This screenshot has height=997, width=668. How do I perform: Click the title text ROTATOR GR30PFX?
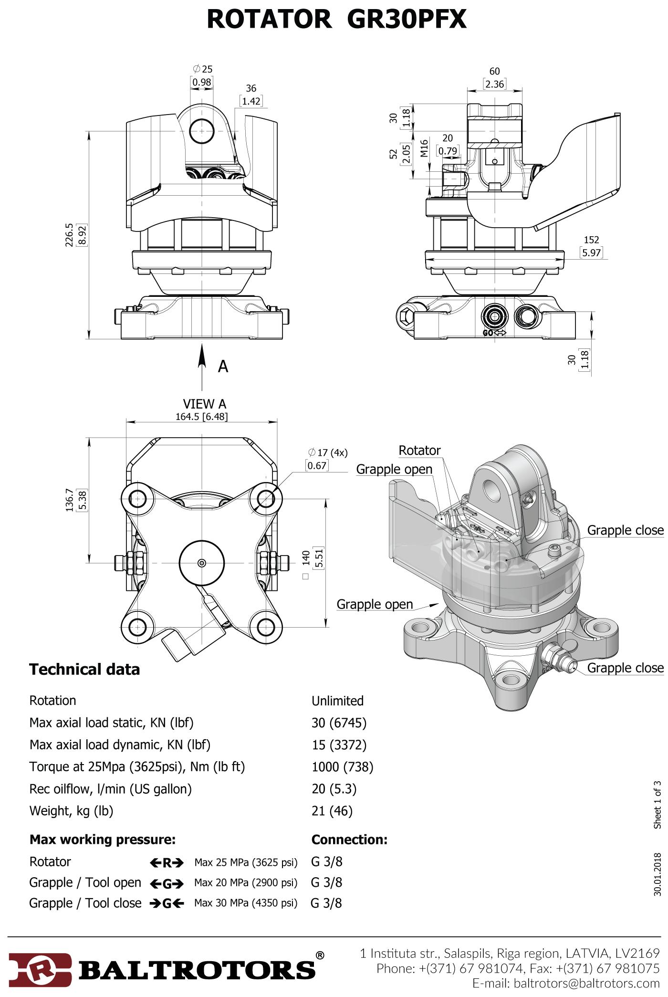tap(336, 20)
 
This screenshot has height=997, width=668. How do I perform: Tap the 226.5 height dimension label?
tap(70, 235)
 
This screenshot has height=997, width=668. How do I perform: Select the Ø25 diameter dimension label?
tap(203, 69)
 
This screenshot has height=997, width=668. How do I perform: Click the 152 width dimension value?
tap(591, 240)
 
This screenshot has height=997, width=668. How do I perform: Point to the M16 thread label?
tap(424, 148)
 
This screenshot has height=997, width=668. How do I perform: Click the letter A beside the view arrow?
tap(223, 367)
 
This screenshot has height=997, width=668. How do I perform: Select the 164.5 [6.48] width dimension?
tap(202, 417)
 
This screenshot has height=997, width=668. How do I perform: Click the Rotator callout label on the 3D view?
tap(419, 451)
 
